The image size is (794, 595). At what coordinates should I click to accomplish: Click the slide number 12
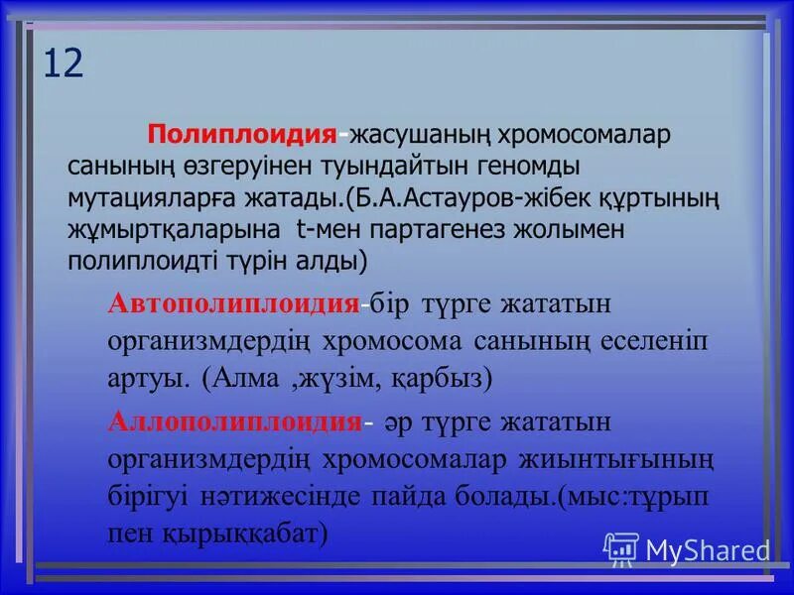click(x=63, y=63)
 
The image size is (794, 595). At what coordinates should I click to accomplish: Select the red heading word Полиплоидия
click(x=240, y=135)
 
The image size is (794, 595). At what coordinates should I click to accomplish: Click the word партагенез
click(x=429, y=230)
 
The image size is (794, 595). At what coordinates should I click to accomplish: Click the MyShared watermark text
click(x=707, y=549)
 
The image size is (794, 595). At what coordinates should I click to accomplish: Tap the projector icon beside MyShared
click(x=622, y=548)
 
